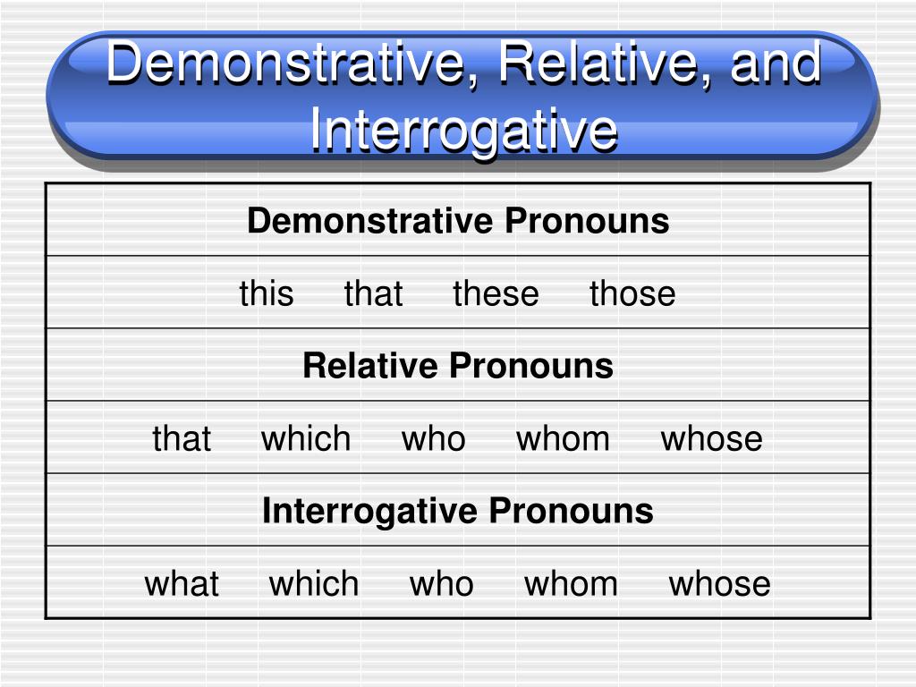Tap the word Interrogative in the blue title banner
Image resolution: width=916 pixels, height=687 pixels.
(463, 131)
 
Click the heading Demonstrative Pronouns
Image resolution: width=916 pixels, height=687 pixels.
(458, 221)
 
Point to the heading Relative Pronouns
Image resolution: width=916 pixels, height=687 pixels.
(458, 366)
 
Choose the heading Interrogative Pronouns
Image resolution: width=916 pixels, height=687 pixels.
(458, 511)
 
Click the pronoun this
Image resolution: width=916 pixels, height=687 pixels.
(266, 293)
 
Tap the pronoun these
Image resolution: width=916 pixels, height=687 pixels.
(496, 293)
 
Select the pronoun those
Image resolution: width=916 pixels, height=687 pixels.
(632, 293)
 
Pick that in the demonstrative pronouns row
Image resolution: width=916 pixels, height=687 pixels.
(373, 293)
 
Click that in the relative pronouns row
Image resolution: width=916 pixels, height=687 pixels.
(182, 438)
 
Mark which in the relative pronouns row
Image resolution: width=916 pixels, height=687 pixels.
(306, 438)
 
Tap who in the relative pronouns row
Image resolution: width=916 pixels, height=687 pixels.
(433, 438)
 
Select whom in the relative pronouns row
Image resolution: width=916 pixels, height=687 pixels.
(563, 438)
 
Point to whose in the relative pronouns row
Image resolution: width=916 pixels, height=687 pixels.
(711, 438)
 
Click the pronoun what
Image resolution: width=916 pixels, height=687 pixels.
(182, 583)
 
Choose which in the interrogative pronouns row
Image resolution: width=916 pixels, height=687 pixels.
(314, 583)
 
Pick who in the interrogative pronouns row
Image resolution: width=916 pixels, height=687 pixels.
(441, 583)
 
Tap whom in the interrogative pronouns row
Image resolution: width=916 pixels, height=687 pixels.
(571, 583)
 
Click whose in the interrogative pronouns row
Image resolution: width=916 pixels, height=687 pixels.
(719, 583)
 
